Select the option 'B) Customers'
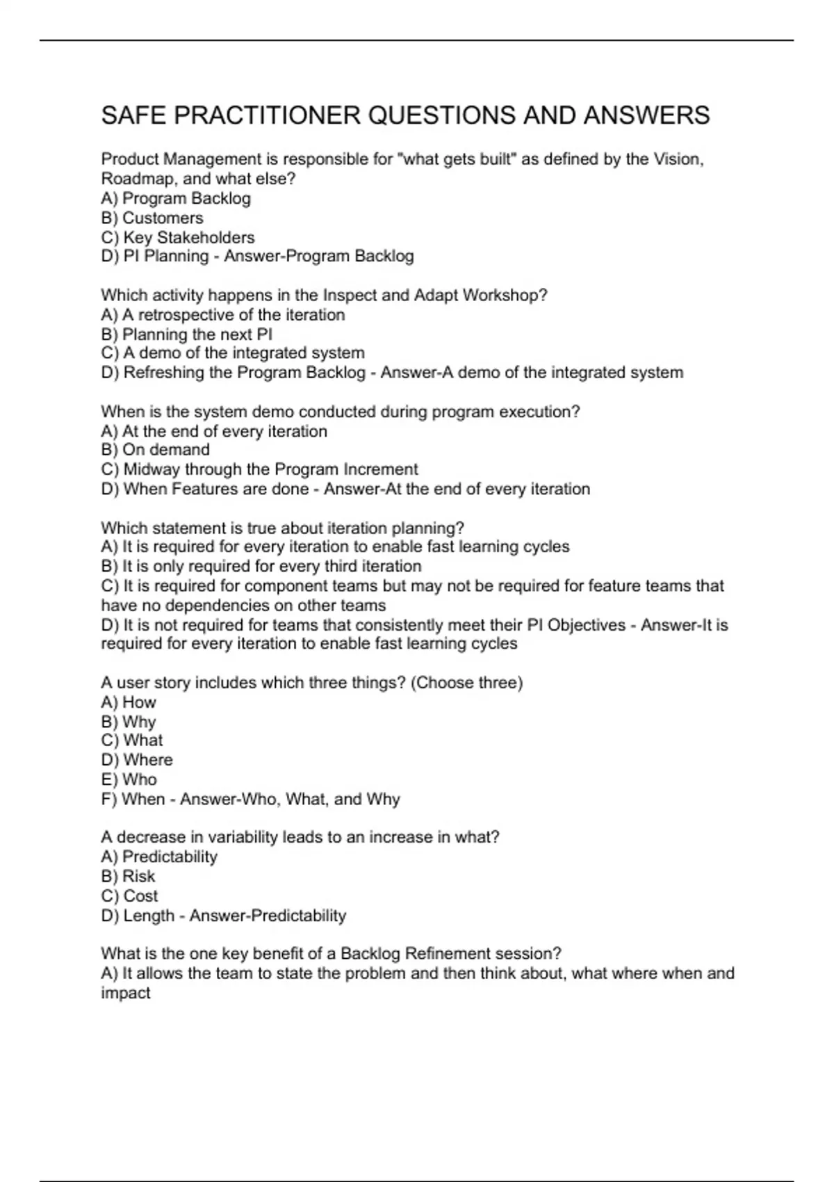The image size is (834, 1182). pyautogui.click(x=152, y=218)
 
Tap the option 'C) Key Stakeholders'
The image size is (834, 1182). pyautogui.click(x=178, y=237)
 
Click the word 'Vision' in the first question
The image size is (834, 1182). pyautogui.click(x=678, y=159)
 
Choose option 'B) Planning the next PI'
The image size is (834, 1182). pyautogui.click(x=186, y=334)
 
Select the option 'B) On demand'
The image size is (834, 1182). pyautogui.click(x=155, y=450)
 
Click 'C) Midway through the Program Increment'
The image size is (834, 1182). pyautogui.click(x=259, y=469)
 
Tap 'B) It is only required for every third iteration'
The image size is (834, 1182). pyautogui.click(x=261, y=566)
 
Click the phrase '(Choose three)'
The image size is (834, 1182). pyautogui.click(x=466, y=683)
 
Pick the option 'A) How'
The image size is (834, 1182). pyautogui.click(x=129, y=702)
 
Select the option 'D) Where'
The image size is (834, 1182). pyautogui.click(x=137, y=760)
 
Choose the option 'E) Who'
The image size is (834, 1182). pyautogui.click(x=129, y=779)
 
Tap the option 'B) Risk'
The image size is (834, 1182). pyautogui.click(x=128, y=876)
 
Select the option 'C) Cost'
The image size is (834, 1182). pyautogui.click(x=129, y=896)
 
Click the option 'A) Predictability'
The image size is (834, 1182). pyautogui.click(x=159, y=857)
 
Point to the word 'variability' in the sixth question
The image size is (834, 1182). pyautogui.click(x=243, y=837)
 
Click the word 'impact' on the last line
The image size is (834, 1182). pyautogui.click(x=126, y=993)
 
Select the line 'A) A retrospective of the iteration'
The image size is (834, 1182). pyautogui.click(x=222, y=315)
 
